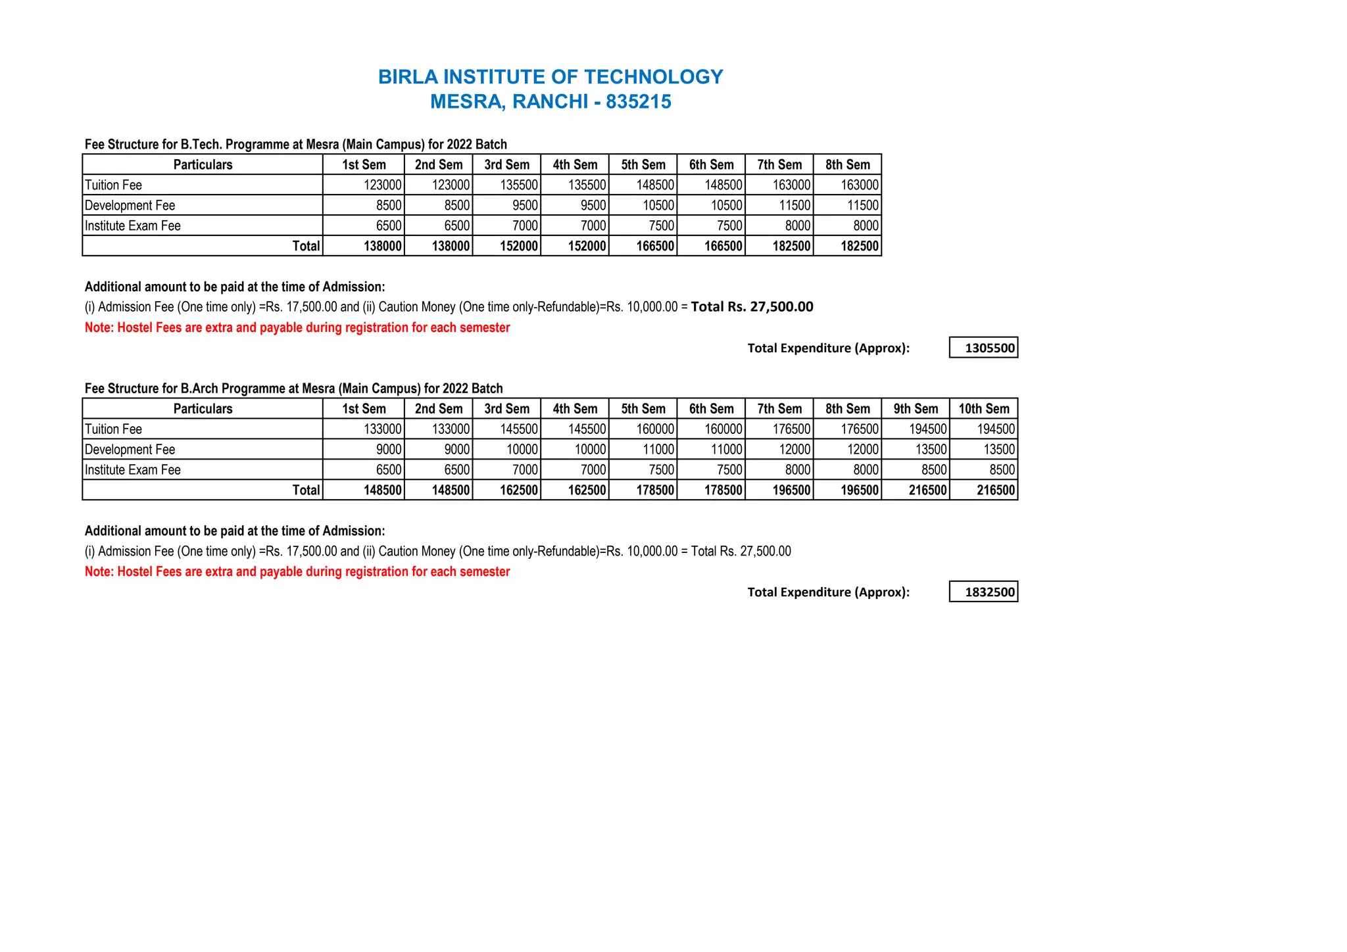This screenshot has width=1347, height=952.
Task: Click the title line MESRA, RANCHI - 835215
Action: pos(551,102)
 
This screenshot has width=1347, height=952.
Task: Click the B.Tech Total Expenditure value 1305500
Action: pos(989,348)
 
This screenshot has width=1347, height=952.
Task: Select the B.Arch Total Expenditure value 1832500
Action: pos(989,592)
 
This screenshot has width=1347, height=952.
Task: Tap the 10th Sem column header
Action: pos(983,408)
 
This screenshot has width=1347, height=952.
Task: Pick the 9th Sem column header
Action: pos(916,408)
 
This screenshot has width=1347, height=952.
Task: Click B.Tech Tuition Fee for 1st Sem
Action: pos(382,185)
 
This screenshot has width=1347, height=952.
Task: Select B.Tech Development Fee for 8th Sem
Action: pos(862,205)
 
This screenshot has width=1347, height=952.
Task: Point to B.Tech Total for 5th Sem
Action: pos(655,246)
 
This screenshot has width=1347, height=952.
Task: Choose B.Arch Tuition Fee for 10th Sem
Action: pos(996,429)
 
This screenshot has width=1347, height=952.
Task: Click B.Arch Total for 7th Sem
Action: pos(791,490)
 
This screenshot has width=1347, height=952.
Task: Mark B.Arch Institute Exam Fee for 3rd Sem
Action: pos(525,469)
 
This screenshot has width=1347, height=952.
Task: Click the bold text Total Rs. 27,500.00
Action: pos(752,306)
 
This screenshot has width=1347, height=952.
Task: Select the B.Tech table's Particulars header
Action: pos(203,164)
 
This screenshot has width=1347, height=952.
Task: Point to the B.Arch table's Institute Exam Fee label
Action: pos(133,469)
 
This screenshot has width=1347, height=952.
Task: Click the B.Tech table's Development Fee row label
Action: pos(130,205)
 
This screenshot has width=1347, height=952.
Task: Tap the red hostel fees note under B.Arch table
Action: pos(297,571)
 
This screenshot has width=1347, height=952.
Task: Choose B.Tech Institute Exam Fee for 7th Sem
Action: pos(797,226)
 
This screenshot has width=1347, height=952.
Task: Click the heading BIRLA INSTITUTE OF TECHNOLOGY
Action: pos(551,77)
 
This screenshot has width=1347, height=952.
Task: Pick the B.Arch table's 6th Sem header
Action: pos(711,408)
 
